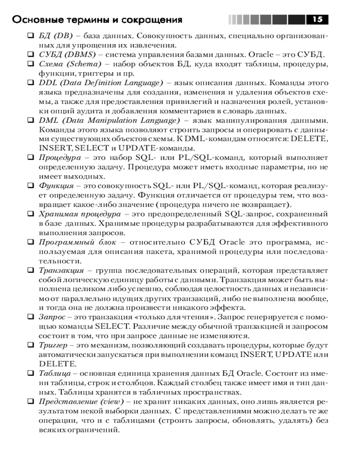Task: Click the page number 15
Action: (317, 20)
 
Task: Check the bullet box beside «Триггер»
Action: (31, 345)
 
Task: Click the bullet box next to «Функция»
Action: (31, 186)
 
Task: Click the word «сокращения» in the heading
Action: (156, 20)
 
